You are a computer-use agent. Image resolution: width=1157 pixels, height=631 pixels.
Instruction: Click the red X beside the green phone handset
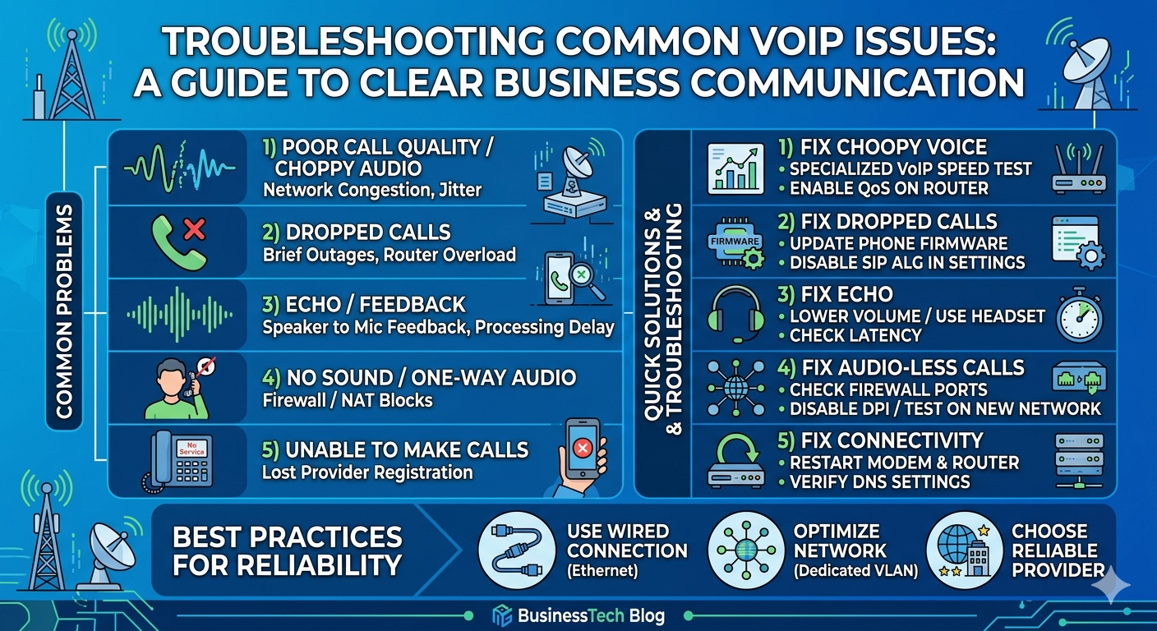[194, 229]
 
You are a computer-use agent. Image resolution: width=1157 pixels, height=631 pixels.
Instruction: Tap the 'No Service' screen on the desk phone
[191, 449]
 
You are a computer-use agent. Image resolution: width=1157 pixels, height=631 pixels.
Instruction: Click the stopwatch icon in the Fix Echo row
[1079, 315]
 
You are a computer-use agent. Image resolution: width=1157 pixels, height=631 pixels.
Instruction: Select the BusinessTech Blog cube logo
[502, 615]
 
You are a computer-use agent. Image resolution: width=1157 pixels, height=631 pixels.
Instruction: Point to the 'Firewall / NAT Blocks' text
[347, 401]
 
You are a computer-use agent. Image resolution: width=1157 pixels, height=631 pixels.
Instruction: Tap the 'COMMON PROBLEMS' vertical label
[64, 311]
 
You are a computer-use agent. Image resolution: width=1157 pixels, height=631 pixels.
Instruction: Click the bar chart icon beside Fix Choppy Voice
[735, 168]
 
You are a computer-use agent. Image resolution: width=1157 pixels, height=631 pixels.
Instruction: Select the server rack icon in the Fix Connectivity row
[1079, 461]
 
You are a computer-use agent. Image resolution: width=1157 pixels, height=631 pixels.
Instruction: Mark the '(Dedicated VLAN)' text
[856, 570]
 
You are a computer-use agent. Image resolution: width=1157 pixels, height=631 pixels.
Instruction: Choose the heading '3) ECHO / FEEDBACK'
[364, 305]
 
